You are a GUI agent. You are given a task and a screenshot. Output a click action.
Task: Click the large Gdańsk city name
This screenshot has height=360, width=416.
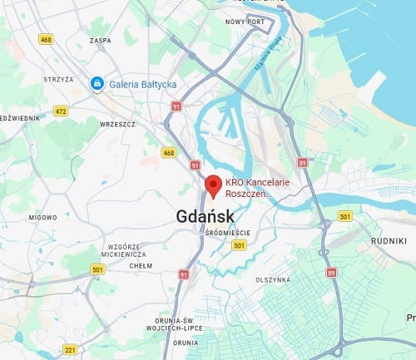point(206,215)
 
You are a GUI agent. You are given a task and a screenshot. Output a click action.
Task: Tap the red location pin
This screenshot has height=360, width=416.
point(213,185)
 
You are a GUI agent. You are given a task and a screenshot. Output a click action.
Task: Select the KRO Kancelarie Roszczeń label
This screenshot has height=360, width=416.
point(249,189)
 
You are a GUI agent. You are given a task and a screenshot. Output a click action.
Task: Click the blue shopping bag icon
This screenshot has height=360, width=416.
point(97,83)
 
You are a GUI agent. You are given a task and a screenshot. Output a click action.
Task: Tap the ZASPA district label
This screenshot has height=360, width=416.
point(99,41)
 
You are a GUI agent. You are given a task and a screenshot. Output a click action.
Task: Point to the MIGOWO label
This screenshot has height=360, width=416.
point(42,217)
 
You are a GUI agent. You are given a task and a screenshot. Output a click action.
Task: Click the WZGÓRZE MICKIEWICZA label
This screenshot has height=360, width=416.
point(123,250)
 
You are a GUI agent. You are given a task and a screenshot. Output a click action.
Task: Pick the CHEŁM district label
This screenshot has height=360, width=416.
point(141,266)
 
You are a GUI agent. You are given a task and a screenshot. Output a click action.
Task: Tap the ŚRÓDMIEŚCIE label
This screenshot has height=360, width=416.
point(226,234)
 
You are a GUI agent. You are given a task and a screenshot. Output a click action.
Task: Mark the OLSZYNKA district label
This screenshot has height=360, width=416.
point(275,279)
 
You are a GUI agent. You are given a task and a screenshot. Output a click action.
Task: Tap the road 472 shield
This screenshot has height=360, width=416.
point(61,110)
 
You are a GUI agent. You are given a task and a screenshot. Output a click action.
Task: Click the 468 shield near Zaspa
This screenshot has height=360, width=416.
point(47,39)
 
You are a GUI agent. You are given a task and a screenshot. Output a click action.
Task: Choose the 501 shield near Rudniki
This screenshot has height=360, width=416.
point(345,216)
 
